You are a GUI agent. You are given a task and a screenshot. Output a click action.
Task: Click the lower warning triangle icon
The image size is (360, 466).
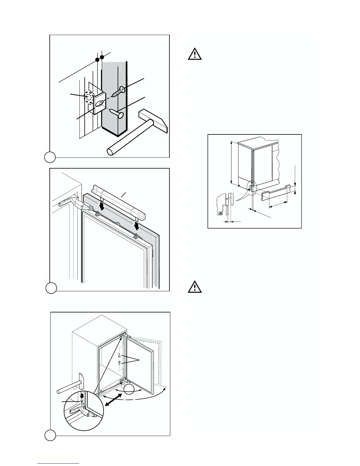click(x=195, y=287)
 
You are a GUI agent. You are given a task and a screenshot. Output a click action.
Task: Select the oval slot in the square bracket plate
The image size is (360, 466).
click(x=100, y=103)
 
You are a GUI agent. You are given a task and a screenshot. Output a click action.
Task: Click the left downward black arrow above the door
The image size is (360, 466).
click(x=101, y=206)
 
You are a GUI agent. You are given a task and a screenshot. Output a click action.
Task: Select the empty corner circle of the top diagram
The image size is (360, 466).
click(x=50, y=157)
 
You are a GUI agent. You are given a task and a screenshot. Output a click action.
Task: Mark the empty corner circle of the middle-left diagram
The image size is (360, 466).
click(x=51, y=288)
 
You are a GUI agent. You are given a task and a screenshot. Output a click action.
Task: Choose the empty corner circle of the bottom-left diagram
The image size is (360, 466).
click(x=50, y=435)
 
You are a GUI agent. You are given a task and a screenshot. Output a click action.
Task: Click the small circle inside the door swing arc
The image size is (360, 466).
click(x=129, y=390)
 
